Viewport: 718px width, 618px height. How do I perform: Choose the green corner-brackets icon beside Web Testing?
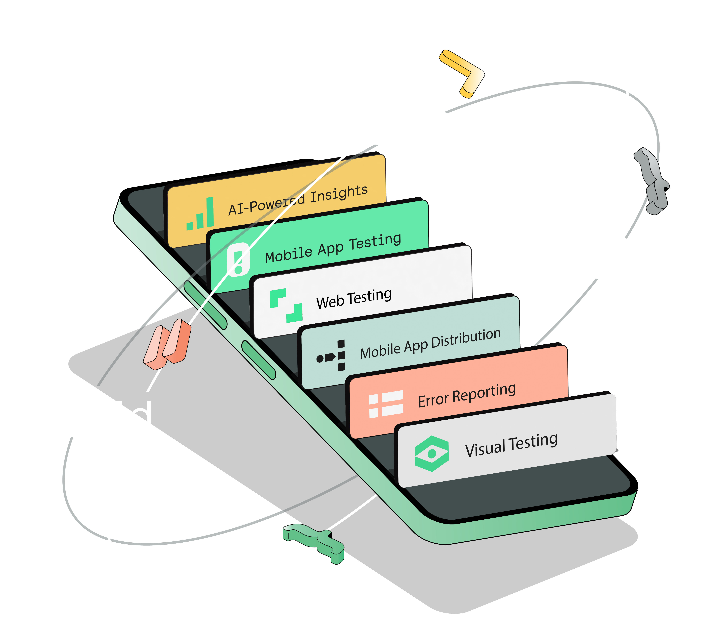coord(286,305)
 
